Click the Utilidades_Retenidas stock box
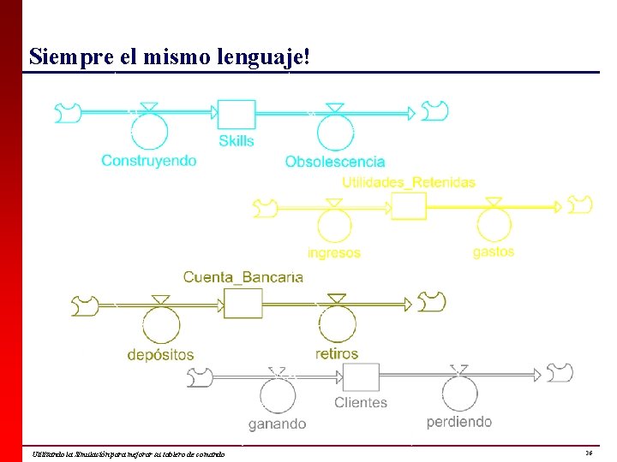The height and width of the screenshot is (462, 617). [409, 206]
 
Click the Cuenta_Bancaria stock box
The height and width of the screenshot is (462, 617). [243, 303]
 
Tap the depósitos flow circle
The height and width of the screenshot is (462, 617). [159, 325]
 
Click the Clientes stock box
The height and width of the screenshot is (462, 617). [361, 377]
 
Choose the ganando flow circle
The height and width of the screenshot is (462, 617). [277, 397]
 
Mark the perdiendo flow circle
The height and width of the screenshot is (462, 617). [460, 394]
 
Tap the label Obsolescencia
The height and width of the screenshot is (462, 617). [335, 162]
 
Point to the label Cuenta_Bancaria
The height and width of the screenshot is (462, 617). [243, 277]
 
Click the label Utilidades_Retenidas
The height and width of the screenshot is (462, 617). [409, 182]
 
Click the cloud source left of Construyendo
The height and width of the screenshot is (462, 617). [67, 111]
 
